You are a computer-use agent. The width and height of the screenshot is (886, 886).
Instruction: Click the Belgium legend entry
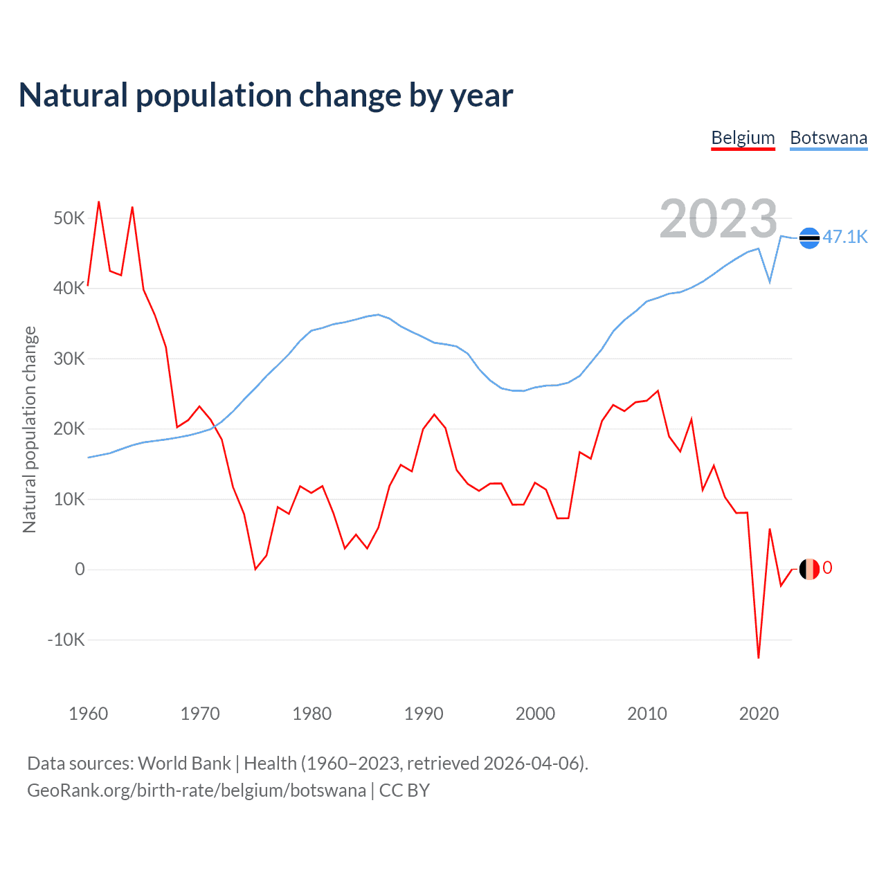(743, 138)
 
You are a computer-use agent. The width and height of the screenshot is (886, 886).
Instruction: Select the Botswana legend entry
(829, 138)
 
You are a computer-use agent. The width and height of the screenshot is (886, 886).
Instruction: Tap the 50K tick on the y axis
(69, 219)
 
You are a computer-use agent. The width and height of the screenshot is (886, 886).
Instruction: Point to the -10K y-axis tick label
(66, 640)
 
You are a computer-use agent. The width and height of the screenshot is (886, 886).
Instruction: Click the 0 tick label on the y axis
(80, 569)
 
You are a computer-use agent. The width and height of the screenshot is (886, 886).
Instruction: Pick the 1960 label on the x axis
(89, 714)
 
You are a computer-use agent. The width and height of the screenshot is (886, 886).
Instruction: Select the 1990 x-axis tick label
(424, 714)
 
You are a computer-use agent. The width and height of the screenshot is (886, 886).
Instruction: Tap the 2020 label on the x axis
(759, 714)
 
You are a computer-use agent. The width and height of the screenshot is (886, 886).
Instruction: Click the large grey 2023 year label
(718, 219)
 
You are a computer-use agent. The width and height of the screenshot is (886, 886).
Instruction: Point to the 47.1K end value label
(844, 237)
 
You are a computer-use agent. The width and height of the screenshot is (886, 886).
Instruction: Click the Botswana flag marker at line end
(809, 237)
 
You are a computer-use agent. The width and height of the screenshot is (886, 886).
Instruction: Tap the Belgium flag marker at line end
(809, 569)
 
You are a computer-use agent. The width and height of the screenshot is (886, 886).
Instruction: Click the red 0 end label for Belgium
(827, 568)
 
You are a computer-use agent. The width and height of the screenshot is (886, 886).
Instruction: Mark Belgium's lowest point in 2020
(759, 658)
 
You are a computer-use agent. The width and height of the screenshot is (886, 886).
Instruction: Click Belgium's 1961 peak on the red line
(99, 201)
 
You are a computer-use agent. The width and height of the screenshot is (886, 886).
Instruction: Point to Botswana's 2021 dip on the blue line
(770, 282)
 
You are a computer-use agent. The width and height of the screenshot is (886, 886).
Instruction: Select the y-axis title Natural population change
(29, 429)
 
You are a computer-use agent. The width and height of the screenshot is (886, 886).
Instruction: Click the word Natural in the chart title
(73, 96)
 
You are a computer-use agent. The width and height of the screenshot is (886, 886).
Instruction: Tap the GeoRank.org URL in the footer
(197, 790)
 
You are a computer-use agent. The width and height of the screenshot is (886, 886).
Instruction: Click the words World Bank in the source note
(184, 763)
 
